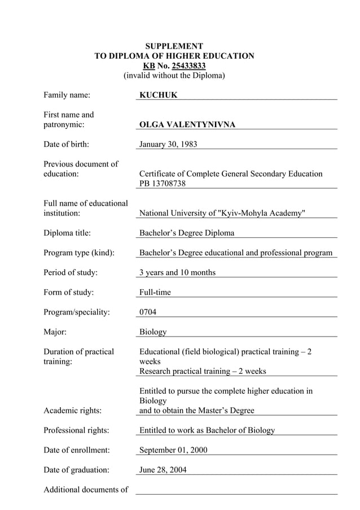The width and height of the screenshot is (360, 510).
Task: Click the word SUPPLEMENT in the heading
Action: click(x=174, y=46)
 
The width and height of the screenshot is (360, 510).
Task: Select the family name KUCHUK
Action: click(x=158, y=95)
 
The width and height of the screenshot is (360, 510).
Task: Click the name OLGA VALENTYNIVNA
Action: click(x=187, y=124)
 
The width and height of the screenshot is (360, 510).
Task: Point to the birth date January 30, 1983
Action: click(x=168, y=144)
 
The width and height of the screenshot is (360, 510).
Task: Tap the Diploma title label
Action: click(x=67, y=233)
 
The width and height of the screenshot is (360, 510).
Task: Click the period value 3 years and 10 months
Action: click(x=177, y=272)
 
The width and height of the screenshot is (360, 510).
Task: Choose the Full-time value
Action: click(x=155, y=292)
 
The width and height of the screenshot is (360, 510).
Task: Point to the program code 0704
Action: click(x=148, y=312)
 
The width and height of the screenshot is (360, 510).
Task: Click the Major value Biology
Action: click(x=153, y=332)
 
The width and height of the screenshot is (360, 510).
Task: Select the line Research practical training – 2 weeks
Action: click(x=203, y=371)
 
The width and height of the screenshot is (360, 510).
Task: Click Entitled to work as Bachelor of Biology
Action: click(x=207, y=430)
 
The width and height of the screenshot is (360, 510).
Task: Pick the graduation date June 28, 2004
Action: click(x=163, y=470)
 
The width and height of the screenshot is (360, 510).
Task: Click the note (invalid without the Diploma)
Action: click(x=174, y=75)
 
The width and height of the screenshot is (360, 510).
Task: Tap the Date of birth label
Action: click(x=66, y=144)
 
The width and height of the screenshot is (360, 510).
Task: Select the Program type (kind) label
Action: click(x=79, y=252)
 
